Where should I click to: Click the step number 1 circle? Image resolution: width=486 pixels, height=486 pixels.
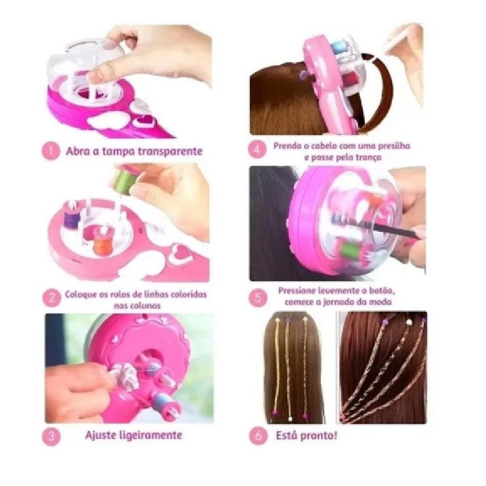[x=50, y=151]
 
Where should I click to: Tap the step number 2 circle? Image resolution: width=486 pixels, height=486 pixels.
[x=51, y=298]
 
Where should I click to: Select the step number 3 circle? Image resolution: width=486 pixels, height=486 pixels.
[x=51, y=436]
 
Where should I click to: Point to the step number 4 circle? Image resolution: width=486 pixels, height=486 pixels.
[x=257, y=149]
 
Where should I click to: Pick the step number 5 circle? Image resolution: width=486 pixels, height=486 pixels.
[x=258, y=298]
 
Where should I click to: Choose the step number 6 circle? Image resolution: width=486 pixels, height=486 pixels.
[x=258, y=436]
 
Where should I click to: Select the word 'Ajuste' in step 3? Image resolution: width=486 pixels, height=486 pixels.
[x=101, y=436]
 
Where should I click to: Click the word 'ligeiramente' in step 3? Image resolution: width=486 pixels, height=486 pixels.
[x=151, y=436]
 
